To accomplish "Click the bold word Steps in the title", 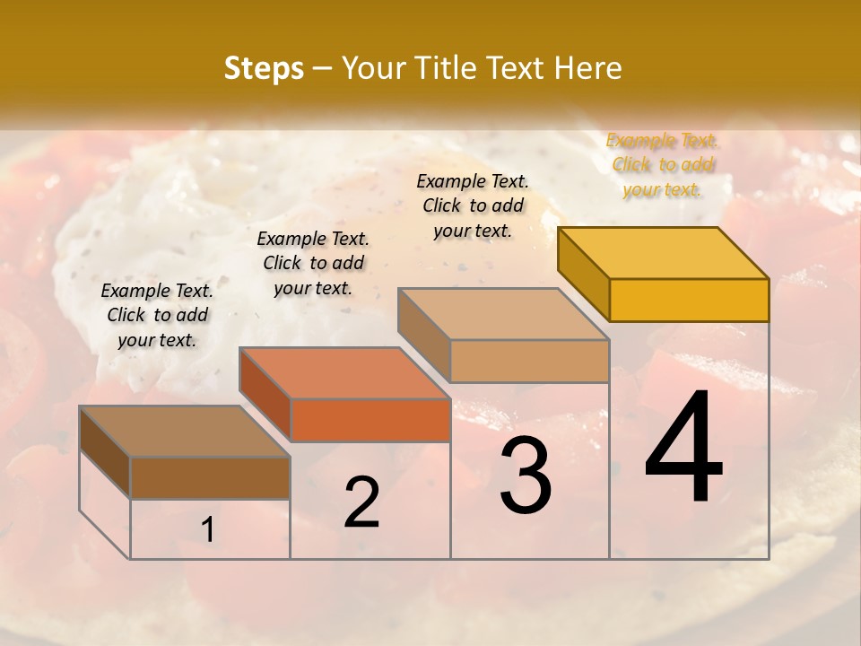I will point(264,68).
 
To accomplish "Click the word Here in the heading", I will point(588,68).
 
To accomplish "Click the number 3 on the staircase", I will point(526,476).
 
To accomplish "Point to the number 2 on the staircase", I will point(361,503).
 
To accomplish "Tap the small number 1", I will point(207,530).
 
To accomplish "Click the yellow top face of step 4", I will point(664,252).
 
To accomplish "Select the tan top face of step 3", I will point(504,314).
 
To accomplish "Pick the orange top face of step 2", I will point(344,373).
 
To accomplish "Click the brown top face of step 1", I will point(185,432).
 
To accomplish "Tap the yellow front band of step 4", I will point(689,300).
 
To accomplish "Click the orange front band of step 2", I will point(370,420).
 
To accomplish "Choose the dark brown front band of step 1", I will point(210,477).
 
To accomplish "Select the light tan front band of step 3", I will point(529,361).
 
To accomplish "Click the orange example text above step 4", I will point(662,164).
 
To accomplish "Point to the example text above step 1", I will point(157,315).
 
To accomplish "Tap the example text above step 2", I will point(313,263).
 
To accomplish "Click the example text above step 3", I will point(473,205).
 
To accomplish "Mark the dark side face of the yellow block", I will point(583,272).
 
